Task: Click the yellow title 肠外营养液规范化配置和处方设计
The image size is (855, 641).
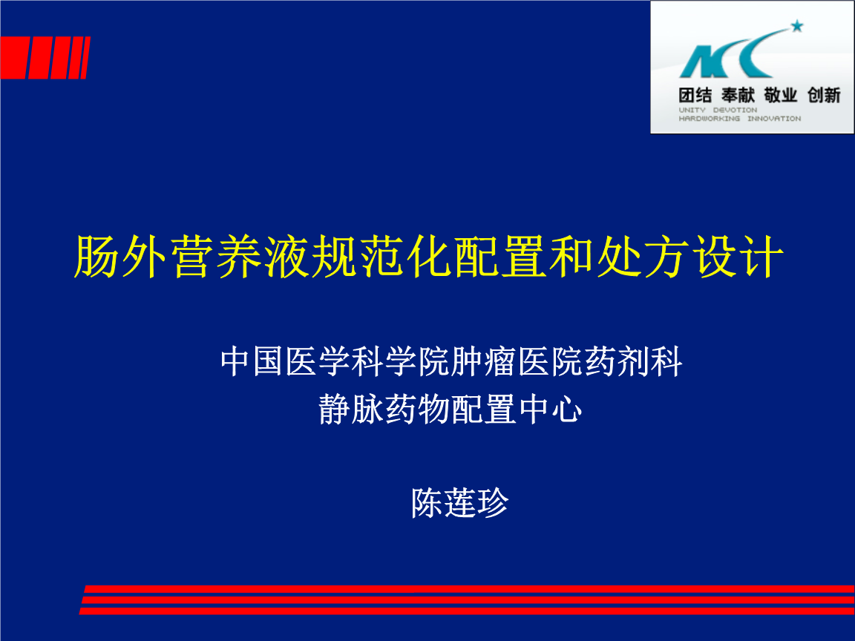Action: point(428,257)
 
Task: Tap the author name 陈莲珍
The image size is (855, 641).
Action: point(459,503)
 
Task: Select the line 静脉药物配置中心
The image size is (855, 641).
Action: point(450,409)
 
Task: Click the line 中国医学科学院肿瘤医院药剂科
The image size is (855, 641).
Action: point(451,362)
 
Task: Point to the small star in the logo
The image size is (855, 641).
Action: point(796,27)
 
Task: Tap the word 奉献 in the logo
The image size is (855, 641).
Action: point(738,95)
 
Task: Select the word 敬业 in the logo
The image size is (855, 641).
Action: point(780,95)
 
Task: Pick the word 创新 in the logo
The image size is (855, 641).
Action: point(823,95)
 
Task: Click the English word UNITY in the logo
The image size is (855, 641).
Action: point(692,110)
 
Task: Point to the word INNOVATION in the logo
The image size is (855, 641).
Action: point(774,119)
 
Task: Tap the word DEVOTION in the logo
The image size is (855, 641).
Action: point(736,110)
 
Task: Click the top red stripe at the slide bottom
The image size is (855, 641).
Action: point(468,589)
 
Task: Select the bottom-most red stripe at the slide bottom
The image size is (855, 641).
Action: point(468,611)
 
